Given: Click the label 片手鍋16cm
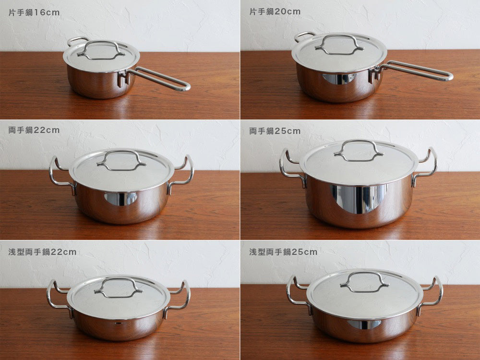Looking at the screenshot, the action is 34,12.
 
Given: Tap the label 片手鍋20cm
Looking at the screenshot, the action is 275,12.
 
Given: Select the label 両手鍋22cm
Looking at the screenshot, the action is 34,130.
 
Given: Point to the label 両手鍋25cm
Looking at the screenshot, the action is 275,131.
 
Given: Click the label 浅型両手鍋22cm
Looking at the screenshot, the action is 42,252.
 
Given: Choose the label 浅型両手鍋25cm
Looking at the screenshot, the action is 283,252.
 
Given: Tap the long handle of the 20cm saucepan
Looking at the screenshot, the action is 416,71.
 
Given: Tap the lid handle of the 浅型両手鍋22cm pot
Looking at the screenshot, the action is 118,278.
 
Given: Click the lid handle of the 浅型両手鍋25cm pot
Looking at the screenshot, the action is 364,273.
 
